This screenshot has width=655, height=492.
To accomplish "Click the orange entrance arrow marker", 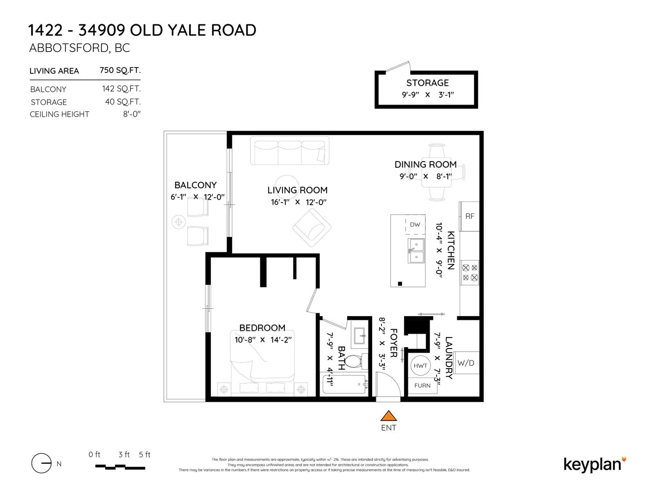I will coord(388,416).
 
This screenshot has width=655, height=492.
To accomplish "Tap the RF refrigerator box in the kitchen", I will coord(469,216).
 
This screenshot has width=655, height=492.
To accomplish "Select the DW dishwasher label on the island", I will coord(415,225).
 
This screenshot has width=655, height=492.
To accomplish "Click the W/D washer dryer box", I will coord(466,363).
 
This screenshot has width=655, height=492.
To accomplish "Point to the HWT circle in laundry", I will coord(420,366).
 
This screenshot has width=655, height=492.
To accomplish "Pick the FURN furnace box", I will coord(422,386).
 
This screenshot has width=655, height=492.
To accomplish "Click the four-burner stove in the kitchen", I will coord(470,273).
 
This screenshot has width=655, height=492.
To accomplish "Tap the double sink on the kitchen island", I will coord(416,251).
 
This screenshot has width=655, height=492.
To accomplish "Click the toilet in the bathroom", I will coord(353,361).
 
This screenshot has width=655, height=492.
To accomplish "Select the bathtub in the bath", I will coord(345,384).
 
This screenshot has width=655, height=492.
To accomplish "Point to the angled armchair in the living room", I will coord(312,227).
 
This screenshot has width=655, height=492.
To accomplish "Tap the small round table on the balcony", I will coord(178,222).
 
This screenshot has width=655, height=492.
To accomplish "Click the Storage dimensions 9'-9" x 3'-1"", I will coord(427,95).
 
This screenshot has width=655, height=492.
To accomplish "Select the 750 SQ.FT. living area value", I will coord(120,70).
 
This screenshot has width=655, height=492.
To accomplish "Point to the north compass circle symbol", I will coord(41,464).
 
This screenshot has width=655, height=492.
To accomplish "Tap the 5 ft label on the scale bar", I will coord(145,455).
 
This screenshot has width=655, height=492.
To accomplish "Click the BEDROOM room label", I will coord(262,328).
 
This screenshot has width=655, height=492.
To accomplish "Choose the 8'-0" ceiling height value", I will coord(131,114).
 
